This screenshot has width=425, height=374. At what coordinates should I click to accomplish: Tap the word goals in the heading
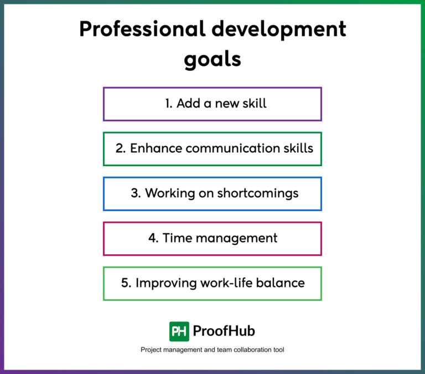(212, 59)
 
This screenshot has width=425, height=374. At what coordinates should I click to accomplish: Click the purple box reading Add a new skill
(212, 104)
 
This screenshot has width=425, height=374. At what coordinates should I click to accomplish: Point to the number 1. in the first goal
(169, 104)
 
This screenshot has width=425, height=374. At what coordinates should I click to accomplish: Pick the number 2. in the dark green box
(121, 148)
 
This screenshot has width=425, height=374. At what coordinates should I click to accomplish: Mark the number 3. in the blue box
(136, 193)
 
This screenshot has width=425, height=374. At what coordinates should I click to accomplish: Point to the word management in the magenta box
(235, 238)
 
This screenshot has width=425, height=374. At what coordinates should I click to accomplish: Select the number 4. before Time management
(153, 238)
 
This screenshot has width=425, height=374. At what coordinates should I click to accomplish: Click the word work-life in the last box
(229, 283)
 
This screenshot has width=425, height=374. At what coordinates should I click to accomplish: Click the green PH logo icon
(179, 331)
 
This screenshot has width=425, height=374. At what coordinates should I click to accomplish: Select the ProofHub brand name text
(224, 331)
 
